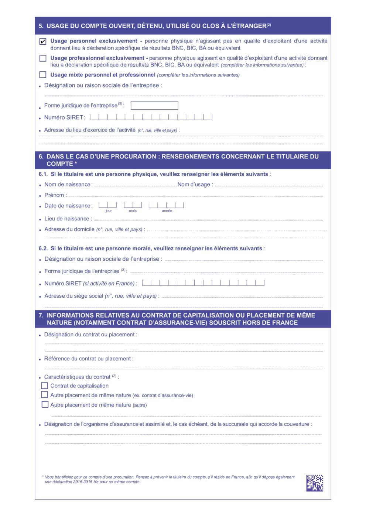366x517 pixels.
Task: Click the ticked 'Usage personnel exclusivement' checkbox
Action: (43, 41)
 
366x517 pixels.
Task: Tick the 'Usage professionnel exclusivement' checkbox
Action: (43, 58)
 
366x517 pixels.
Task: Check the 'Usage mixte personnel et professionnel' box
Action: (43, 75)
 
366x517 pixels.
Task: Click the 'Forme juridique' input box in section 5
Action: (154, 106)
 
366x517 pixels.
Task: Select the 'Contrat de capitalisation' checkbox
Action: (45, 386)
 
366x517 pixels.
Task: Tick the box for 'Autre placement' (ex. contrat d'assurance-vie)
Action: (45, 395)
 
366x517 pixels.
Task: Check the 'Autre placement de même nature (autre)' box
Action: (45, 405)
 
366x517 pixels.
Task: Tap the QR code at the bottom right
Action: (315, 483)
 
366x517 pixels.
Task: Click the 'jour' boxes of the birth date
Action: (108, 205)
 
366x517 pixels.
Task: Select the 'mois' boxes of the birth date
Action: (133, 205)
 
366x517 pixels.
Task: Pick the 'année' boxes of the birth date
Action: (166, 205)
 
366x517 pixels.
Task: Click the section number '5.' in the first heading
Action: (41, 26)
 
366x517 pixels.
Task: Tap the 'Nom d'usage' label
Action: (194, 185)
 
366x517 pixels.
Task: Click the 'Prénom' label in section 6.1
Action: (54, 195)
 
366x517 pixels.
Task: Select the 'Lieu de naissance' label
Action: (67, 219)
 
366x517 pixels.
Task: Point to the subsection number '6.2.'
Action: (43, 249)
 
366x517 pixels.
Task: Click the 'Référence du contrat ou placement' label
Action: (88, 359)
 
